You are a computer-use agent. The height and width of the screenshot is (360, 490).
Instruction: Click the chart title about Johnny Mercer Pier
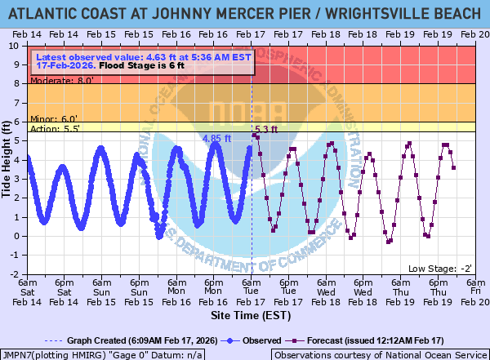coord(245,11)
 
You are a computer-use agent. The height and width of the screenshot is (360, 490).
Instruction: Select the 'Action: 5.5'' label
coord(54,129)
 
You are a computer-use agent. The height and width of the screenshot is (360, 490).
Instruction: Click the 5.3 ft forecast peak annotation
coord(266,129)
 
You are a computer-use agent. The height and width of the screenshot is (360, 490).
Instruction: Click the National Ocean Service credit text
coord(380,354)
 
